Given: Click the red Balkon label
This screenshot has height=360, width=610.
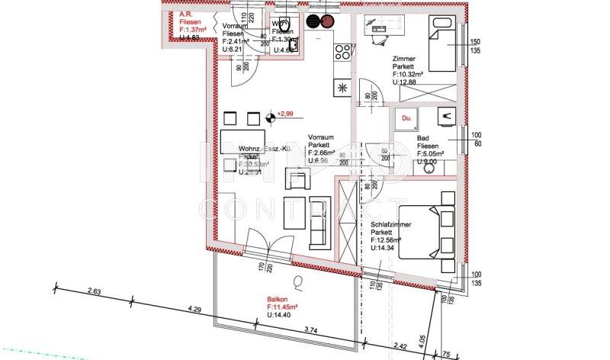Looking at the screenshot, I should pyautogui.click(x=279, y=299).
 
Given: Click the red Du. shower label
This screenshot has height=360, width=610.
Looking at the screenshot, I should pyautogui.click(x=406, y=118).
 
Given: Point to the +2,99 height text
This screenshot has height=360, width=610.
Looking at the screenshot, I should pyautogui.click(x=286, y=113).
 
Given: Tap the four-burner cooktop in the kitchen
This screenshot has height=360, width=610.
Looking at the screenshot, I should pyautogui.click(x=344, y=53).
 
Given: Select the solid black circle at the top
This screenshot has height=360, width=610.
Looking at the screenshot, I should pyautogui.click(x=312, y=22).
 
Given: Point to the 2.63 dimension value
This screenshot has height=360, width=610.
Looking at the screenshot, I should pyautogui.click(x=95, y=291).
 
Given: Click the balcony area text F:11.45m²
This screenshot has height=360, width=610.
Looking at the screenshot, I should pyautogui.click(x=282, y=307).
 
